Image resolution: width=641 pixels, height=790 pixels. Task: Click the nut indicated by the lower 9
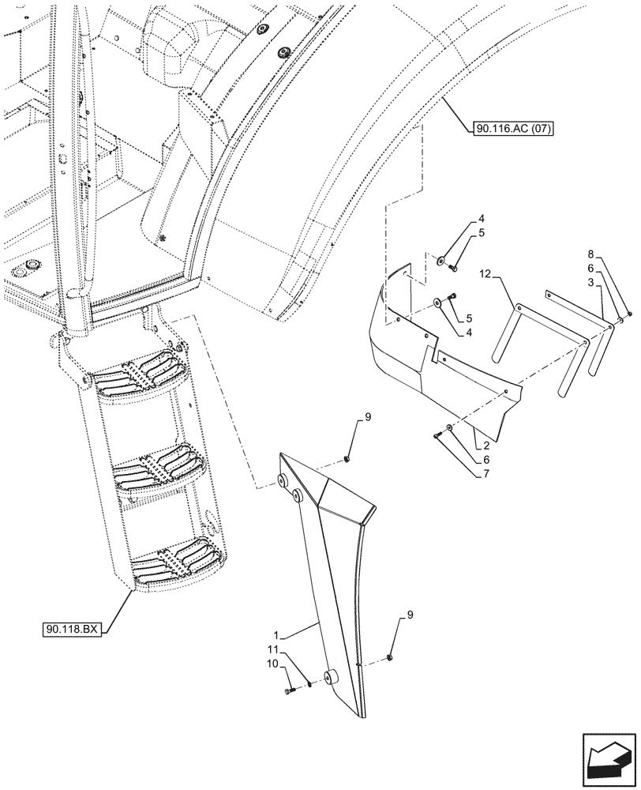[391, 657]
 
